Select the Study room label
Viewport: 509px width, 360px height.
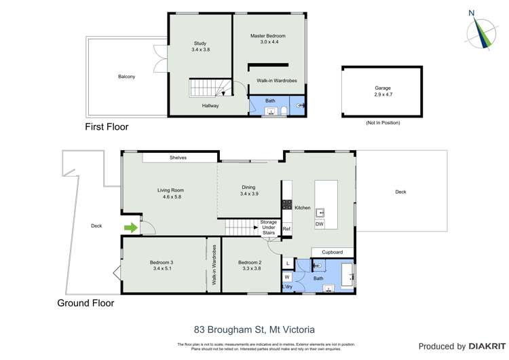(200, 47)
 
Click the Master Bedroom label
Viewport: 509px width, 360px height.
(267, 39)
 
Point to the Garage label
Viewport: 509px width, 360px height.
(383, 91)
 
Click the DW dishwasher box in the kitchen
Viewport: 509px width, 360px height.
(320, 224)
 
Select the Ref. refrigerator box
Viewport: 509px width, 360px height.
(287, 229)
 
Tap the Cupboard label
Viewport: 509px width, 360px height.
(332, 252)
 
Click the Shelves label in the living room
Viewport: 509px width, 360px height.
(178, 158)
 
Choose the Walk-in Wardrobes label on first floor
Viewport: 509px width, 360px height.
(274, 80)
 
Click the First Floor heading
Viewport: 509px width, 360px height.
(107, 127)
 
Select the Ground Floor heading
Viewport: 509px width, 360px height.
(86, 304)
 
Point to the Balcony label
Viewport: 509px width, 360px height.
(126, 77)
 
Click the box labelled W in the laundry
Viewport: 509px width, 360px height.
(287, 276)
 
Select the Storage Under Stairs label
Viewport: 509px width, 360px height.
(269, 227)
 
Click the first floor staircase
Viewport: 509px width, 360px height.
(204, 88)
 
